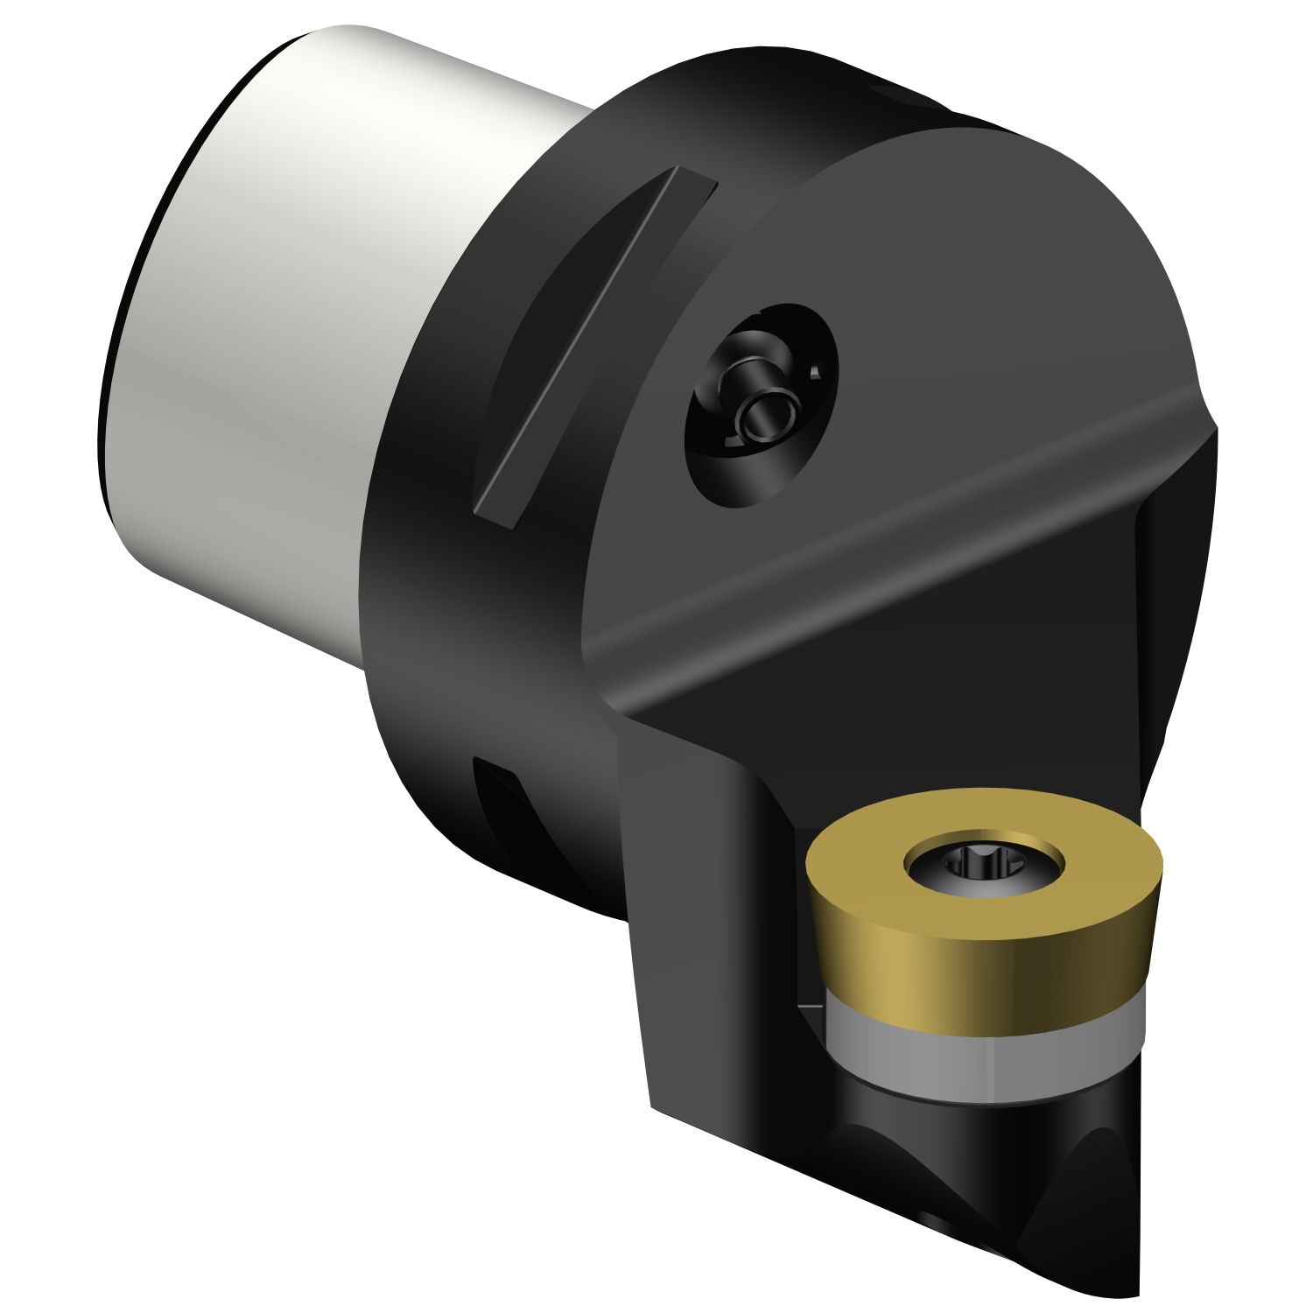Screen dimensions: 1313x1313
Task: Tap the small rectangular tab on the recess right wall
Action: (x=815, y=372)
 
